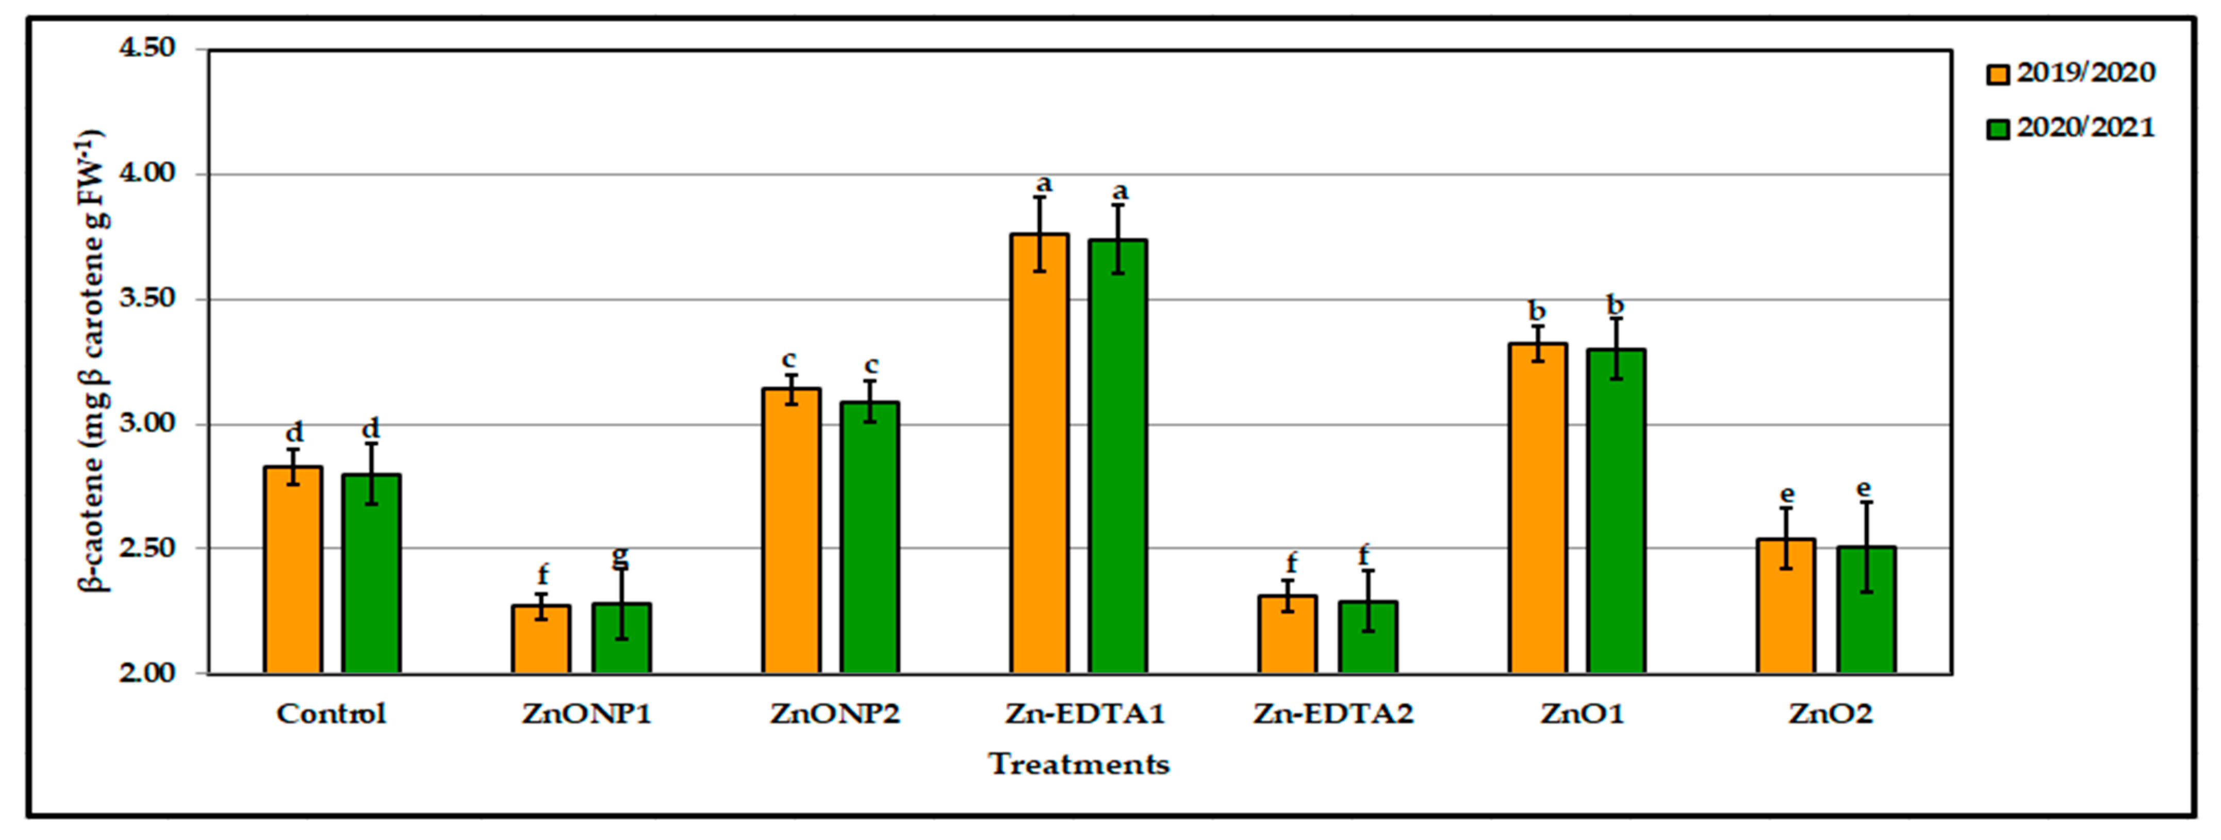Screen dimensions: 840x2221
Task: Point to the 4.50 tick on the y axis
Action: [x=146, y=49]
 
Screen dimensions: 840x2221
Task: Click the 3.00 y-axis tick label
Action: [x=146, y=424]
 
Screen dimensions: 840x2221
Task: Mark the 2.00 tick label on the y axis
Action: [x=146, y=673]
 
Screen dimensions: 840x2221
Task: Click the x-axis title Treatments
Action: [x=1079, y=764]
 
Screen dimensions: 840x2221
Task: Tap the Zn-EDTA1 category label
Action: [x=1084, y=714]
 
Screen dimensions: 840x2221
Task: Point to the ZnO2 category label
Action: [x=1831, y=714]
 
